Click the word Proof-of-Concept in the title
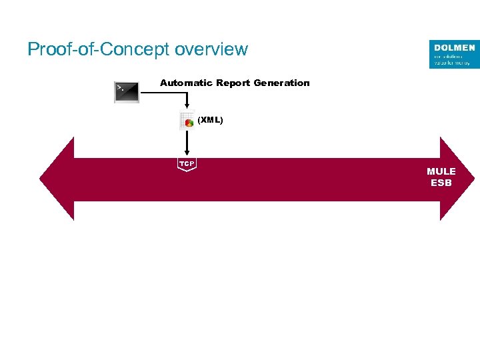click(x=98, y=49)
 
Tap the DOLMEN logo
click(x=454, y=54)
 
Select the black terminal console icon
click(x=127, y=92)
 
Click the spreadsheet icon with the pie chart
click(x=187, y=121)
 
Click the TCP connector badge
click(x=187, y=164)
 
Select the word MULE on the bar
click(x=441, y=171)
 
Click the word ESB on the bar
click(x=441, y=183)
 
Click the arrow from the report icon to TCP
click(x=187, y=143)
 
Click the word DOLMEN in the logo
click(x=455, y=48)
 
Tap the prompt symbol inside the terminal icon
click(x=120, y=87)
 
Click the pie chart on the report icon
click(x=190, y=123)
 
